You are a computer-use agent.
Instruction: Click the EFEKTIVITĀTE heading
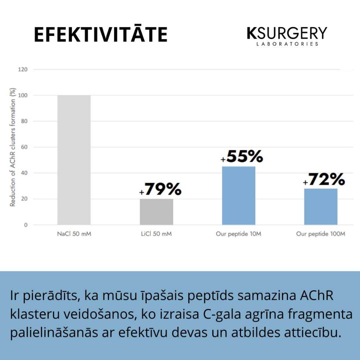coord(100,35)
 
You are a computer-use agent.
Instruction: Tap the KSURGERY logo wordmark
coord(287,33)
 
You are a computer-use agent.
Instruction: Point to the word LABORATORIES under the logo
coord(287,44)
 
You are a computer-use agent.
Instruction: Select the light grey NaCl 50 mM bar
coord(74,160)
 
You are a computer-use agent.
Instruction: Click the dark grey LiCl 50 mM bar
coord(156,212)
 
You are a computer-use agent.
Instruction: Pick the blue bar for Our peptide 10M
coord(238,196)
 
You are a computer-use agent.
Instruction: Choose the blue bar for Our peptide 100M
coord(321,207)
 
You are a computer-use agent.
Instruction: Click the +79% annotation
coord(160,190)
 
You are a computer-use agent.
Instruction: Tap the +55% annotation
coord(242,157)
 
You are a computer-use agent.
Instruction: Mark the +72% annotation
coord(324,180)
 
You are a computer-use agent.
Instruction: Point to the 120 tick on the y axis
coord(23,70)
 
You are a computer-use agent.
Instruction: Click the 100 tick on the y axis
coord(23,96)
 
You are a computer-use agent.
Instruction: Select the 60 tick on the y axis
coord(24,147)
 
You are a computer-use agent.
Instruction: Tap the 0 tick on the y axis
coord(25,225)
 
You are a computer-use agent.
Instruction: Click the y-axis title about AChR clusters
coord(13,147)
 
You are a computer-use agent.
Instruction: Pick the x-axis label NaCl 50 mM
coord(74,234)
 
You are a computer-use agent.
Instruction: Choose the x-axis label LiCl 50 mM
coord(156,234)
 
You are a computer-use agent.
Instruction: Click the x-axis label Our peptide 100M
coord(321,234)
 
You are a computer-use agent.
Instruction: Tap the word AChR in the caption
coord(317,296)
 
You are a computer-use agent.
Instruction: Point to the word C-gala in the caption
coord(233,314)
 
